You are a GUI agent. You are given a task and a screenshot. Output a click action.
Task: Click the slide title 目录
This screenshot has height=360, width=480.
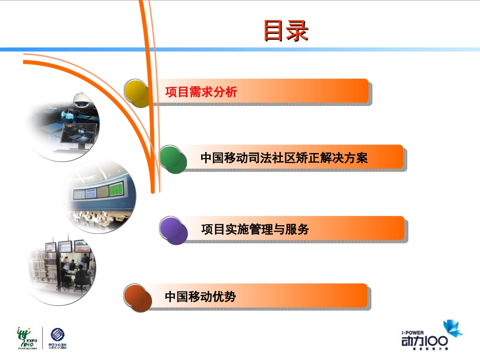285,31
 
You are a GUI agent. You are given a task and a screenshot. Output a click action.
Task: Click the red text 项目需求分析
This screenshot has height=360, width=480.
201,92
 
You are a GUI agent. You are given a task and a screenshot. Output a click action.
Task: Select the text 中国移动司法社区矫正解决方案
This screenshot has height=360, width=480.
284,158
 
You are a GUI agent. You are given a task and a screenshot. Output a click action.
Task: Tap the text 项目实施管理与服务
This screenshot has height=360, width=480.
255,229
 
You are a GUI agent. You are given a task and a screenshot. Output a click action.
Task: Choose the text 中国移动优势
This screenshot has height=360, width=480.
200,296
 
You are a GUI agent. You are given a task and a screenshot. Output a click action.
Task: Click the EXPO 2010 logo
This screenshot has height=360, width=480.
28,337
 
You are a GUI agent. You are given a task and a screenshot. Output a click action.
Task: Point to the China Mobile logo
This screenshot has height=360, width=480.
58,338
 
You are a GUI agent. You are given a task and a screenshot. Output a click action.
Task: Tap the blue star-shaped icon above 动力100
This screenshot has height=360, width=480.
452,328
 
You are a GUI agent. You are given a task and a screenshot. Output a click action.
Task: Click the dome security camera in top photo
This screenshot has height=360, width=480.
80,99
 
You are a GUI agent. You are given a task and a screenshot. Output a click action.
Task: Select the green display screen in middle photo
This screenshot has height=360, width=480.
116,191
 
